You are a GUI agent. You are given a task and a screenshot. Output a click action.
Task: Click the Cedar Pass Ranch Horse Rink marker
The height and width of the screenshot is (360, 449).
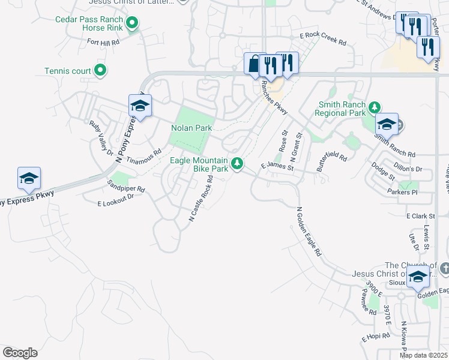pos(133,24)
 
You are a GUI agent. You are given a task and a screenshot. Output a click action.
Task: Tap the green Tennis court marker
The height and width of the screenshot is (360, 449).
pos(101,71)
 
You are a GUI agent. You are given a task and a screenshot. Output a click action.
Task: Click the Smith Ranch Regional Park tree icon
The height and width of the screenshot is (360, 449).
pos(375,108)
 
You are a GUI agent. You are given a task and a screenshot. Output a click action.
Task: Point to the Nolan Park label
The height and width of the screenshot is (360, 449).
pos(191,128)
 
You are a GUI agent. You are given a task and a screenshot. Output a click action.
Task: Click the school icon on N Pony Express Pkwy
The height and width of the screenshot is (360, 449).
pos(140,106)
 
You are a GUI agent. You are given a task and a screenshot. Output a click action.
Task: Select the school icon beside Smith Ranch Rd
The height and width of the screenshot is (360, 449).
pos(387,124)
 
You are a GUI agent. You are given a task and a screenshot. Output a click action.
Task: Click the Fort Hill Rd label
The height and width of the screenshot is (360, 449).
pos(103,42)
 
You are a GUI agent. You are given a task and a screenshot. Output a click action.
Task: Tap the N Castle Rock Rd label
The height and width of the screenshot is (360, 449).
pos(201,199)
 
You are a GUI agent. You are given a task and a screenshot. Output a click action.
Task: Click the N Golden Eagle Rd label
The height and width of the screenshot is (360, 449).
pos(309,232)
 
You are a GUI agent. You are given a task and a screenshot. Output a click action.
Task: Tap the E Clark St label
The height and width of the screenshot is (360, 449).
pos(420,215)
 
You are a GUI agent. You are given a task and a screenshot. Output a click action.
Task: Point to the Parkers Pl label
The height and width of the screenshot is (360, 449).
pos(402,192)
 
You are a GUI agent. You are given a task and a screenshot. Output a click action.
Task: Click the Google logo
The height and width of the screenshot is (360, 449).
pos(20,353)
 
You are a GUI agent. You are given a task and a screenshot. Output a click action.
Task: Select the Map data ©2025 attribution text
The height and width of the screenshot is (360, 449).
pos(423,355)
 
